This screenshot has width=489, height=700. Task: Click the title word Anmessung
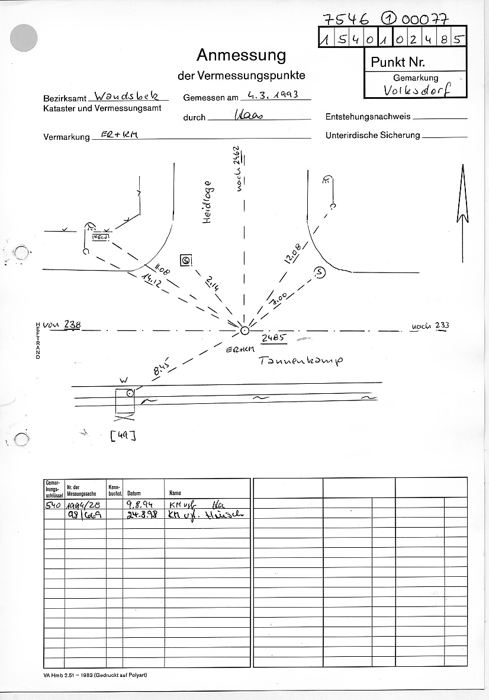tap(241, 56)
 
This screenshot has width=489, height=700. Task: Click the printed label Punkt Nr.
tap(398, 62)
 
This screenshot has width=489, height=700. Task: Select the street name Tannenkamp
tap(301, 360)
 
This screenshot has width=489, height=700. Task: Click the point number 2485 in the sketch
tap(275, 339)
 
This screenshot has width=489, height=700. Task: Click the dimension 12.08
tap(292, 253)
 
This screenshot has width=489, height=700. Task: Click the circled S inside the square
tap(186, 260)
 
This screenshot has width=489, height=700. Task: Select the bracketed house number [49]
tap(123, 436)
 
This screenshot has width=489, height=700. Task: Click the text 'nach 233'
tap(432, 325)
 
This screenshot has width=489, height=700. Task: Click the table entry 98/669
tap(84, 515)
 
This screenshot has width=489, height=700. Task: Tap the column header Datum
tap(134, 493)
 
